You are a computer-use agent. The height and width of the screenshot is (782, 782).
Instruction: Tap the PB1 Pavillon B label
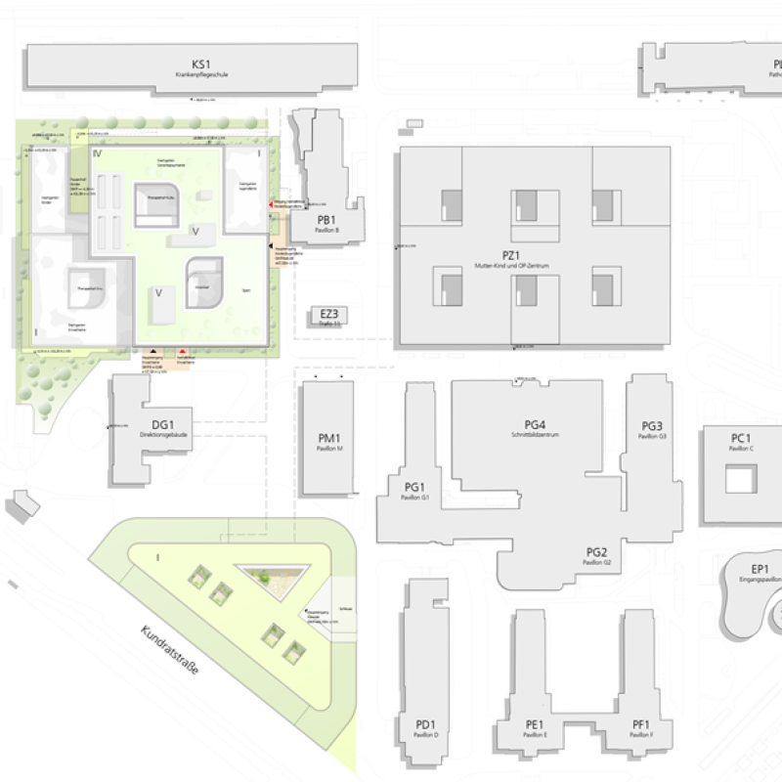327,222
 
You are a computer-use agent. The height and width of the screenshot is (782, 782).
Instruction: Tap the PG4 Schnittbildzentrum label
534,427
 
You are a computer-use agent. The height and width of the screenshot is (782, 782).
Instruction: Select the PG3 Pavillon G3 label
652,429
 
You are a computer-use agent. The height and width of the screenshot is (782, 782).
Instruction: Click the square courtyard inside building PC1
740,480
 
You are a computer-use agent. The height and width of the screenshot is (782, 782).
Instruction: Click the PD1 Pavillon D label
425,727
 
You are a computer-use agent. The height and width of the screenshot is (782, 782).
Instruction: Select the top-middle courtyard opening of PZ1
525,205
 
